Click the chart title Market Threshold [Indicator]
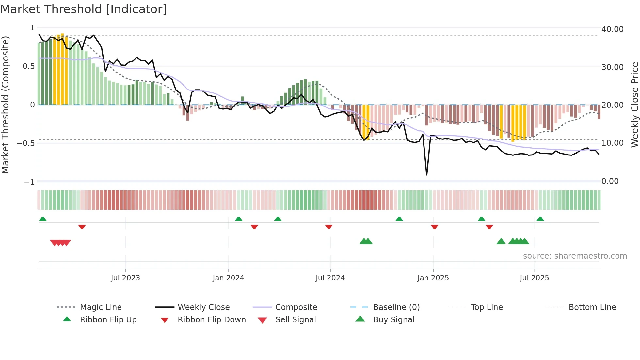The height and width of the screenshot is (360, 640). [x=84, y=9]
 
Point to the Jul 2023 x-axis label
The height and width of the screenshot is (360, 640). [x=125, y=278]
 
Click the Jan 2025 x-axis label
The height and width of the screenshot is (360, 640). [x=433, y=278]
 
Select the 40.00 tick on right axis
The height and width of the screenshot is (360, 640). [x=612, y=29]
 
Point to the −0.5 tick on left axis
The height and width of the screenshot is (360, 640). [x=26, y=143]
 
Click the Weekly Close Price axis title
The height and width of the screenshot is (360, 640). [x=634, y=105]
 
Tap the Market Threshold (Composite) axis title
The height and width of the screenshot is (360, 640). [x=5, y=105]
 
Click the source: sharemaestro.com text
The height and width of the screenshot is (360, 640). [x=575, y=256]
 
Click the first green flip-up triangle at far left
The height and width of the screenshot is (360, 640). [x=43, y=219]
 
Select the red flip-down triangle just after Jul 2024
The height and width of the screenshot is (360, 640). [x=329, y=227]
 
